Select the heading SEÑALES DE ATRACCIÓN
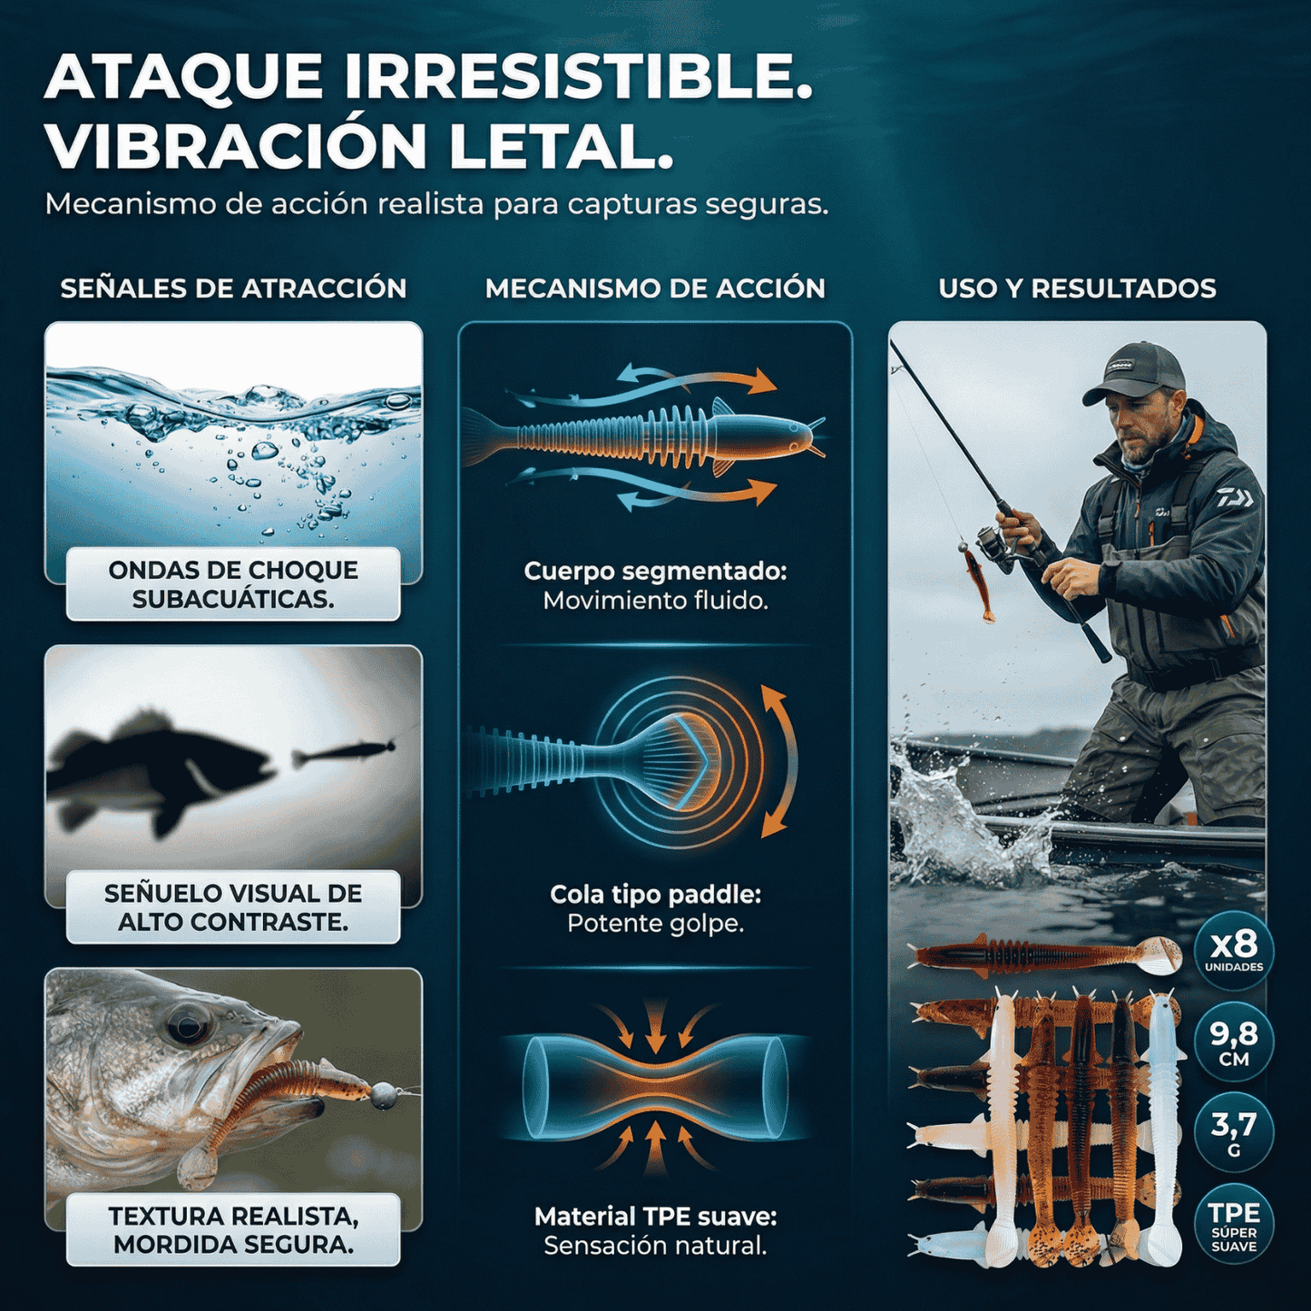(x=233, y=289)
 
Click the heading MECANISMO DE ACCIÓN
(x=655, y=289)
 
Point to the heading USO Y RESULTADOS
(x=1077, y=289)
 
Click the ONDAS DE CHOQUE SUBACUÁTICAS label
(x=233, y=584)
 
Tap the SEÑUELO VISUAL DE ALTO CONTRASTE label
(x=233, y=907)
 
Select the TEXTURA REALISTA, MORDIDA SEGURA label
(x=233, y=1230)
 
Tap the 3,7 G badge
(x=1234, y=1132)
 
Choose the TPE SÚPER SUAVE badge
(x=1234, y=1225)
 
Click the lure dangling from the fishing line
(x=975, y=581)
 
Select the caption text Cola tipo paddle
(x=655, y=895)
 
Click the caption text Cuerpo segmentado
(x=655, y=572)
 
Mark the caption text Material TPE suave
(x=655, y=1217)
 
